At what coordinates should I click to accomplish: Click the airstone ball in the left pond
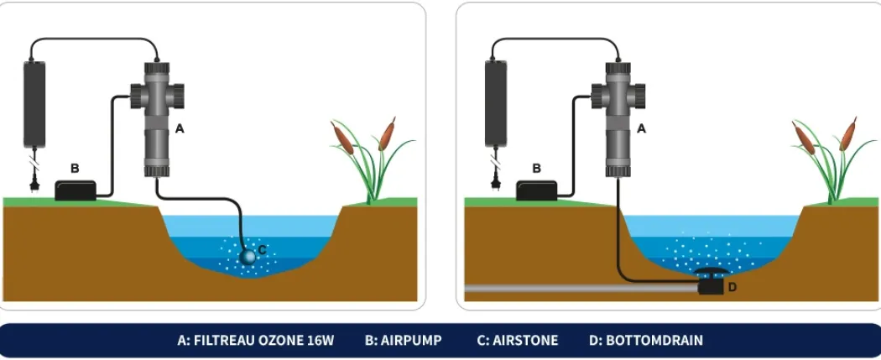(x=248, y=258)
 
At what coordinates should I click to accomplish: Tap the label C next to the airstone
(x=262, y=250)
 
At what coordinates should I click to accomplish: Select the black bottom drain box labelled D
(x=712, y=288)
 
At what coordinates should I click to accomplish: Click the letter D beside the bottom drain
(x=732, y=288)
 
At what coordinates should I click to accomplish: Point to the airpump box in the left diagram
(x=76, y=190)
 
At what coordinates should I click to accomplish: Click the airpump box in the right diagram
(x=537, y=190)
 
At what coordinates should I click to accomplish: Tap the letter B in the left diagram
(x=74, y=168)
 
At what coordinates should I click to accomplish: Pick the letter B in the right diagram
(x=536, y=168)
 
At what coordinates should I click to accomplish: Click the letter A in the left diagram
(x=180, y=128)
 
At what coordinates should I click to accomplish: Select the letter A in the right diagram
(x=641, y=128)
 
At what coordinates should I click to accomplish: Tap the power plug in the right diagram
(x=496, y=184)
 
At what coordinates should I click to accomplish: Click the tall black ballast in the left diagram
(x=34, y=104)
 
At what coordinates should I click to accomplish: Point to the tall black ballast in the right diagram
(x=496, y=104)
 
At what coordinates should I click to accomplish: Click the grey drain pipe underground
(x=581, y=288)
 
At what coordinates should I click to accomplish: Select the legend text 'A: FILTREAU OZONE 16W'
(x=256, y=341)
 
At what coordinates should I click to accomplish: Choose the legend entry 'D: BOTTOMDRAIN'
(x=646, y=341)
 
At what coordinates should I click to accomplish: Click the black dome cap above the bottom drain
(x=712, y=273)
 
